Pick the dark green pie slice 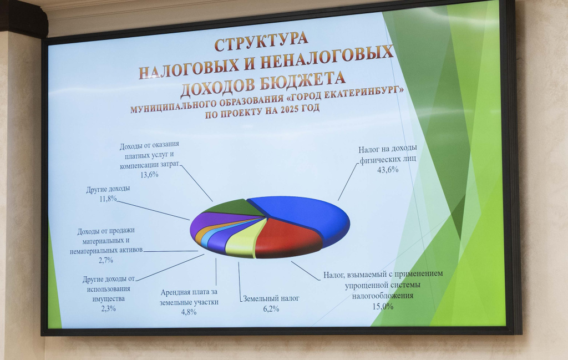coord(232,207)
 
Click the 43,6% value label coord(388,169)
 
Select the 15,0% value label coord(383,306)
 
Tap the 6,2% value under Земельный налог coord(271,309)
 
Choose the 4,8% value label coord(189,312)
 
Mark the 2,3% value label coord(108,308)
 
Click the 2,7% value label coord(106,260)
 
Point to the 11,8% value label coord(108,199)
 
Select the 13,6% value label coord(149,175)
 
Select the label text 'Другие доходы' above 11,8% coord(108,189)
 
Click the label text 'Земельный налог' coord(271,299)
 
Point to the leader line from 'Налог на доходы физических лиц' coord(348,182)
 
